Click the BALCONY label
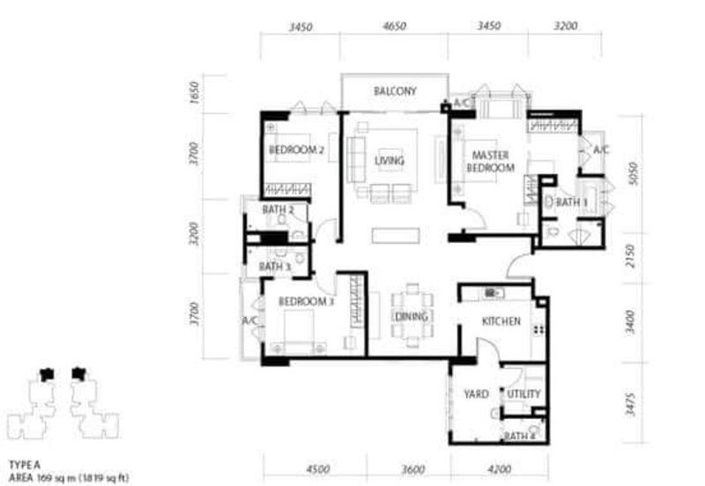pos(394,92)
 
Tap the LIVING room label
pos(389,161)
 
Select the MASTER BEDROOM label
pos(490,161)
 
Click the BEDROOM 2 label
pos(297,151)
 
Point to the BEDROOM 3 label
pos(306,302)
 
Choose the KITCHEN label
pos(501,322)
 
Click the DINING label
pos(411,317)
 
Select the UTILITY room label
pos(523,394)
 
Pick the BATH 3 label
pos(275,267)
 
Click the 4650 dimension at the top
pos(394,26)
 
